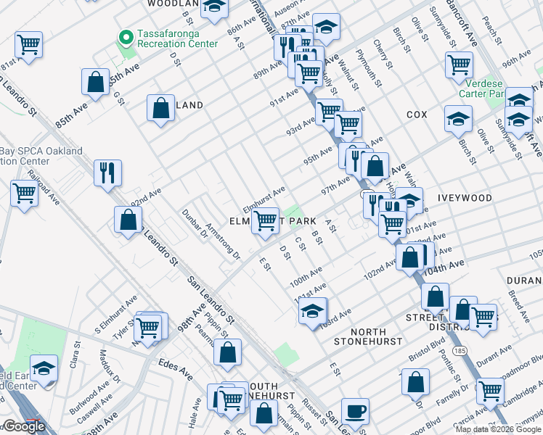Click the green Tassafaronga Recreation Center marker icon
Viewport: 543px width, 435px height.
pyautogui.click(x=126, y=36)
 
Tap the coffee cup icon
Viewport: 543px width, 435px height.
pyautogui.click(x=355, y=410)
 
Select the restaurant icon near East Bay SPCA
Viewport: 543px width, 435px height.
pyautogui.click(x=107, y=173)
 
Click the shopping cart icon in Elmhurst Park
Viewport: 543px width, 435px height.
pyautogui.click(x=266, y=220)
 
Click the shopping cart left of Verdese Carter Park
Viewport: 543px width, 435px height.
pyautogui.click(x=460, y=65)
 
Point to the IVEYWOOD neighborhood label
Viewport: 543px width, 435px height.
pyautogui.click(x=465, y=198)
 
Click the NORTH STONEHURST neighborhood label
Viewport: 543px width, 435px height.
pyautogui.click(x=367, y=334)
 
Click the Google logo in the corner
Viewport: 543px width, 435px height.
pyautogui.click(x=23, y=426)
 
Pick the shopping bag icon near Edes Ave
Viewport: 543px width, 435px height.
pyautogui.click(x=228, y=353)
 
